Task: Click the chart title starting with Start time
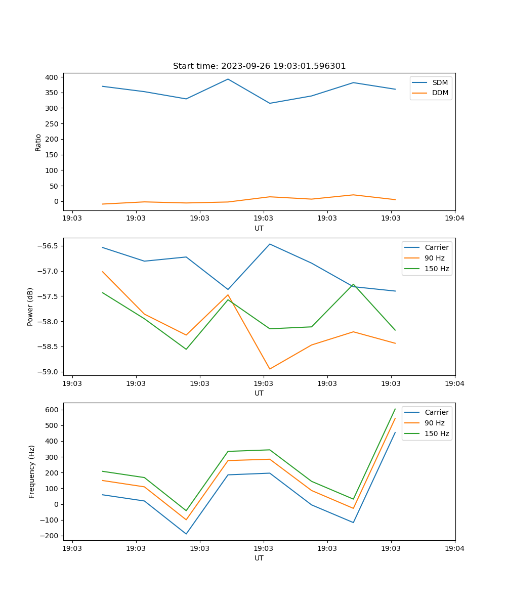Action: point(259,66)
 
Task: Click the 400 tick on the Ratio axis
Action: point(52,77)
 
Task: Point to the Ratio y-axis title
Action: point(38,142)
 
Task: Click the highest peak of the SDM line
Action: point(228,79)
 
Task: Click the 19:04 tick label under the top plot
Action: point(454,219)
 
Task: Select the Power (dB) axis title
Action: point(30,307)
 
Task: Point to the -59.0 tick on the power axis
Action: point(49,372)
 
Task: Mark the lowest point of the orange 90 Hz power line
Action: point(270,369)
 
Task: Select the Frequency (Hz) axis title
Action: point(31,471)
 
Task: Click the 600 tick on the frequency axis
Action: point(52,410)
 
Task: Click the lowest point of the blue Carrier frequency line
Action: point(186,534)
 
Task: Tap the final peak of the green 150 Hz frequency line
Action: point(395,409)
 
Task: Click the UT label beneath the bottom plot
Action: point(259,558)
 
